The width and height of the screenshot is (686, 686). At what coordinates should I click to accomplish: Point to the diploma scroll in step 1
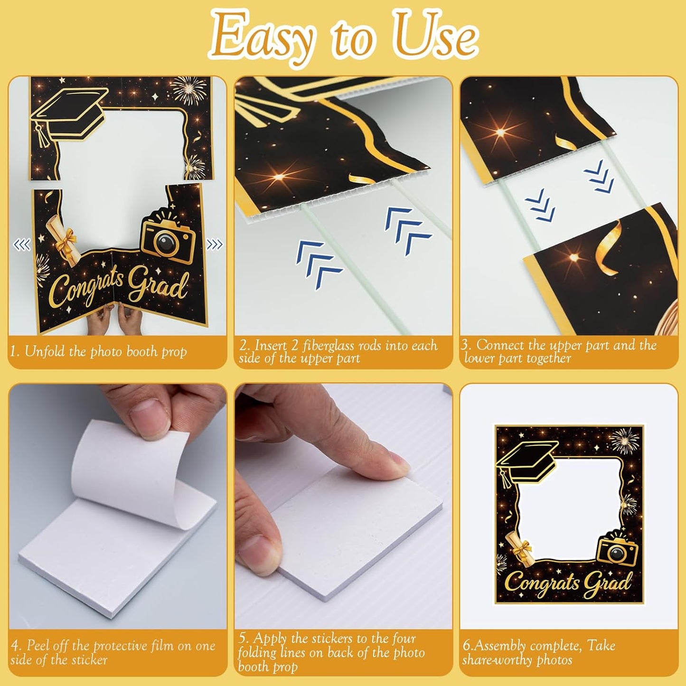[63, 240]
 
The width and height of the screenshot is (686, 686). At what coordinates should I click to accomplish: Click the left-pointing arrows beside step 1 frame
[22, 244]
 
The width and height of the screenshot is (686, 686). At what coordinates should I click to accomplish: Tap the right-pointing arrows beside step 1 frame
[214, 244]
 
